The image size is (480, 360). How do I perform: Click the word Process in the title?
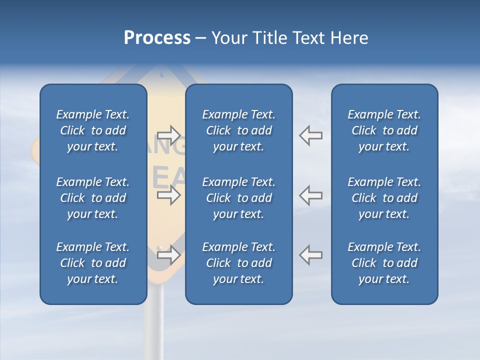157,38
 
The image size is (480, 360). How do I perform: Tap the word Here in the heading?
349,38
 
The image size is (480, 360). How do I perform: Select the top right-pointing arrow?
169,135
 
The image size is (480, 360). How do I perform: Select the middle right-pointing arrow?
169,195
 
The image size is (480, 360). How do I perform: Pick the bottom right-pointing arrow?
169,254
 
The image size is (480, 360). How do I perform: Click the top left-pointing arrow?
311,135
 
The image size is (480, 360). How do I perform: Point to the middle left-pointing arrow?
311,195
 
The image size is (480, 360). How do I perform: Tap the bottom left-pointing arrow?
311,254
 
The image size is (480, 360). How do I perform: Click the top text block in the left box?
93,130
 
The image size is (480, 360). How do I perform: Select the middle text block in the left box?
93,198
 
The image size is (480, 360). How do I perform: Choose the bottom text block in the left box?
93,263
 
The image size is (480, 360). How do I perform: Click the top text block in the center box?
238,130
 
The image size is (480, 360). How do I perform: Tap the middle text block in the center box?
238,198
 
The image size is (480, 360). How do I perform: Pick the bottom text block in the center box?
238,263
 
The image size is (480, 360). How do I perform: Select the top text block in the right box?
384,130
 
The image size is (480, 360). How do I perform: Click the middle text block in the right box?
384,198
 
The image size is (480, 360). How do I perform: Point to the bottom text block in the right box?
384,263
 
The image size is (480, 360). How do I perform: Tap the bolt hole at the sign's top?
161,75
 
